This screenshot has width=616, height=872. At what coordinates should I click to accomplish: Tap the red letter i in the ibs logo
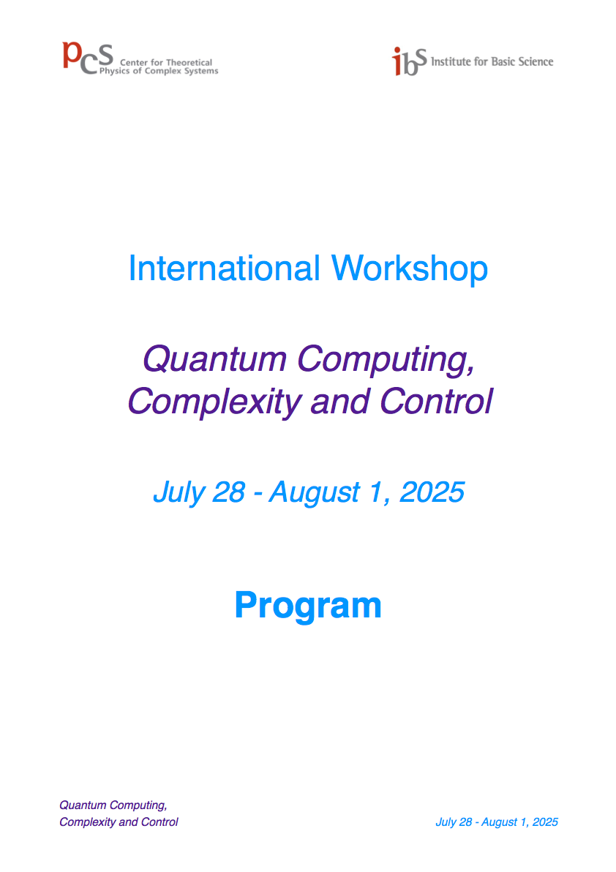click(x=397, y=61)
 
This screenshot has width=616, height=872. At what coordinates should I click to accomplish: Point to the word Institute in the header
click(x=451, y=61)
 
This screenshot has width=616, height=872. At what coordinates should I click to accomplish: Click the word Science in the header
click(x=536, y=61)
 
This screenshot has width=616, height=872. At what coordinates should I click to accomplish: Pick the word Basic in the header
click(x=503, y=61)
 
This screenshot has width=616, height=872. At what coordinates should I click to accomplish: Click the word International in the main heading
click(x=224, y=268)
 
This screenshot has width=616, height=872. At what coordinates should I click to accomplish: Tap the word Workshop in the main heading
click(x=410, y=269)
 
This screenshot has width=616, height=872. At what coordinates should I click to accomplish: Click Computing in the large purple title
click(x=386, y=361)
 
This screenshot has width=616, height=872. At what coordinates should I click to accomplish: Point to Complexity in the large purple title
click(x=214, y=402)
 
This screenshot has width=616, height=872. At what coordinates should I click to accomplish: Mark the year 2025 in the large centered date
click(x=432, y=492)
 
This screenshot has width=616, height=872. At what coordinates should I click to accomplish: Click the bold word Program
click(x=308, y=606)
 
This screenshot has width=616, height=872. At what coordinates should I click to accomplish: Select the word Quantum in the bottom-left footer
click(x=83, y=805)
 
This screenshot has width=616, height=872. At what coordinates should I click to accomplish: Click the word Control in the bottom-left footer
click(x=159, y=822)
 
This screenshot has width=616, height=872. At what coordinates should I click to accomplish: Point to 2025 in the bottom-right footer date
click(x=545, y=822)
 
